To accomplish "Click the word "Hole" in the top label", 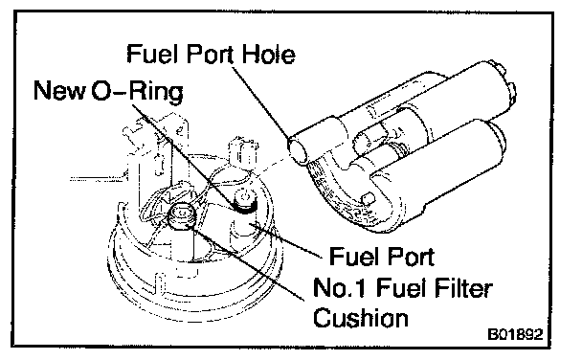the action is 269,55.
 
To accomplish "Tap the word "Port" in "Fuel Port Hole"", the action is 211,55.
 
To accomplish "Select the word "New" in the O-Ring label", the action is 59,91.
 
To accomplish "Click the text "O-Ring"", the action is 138,91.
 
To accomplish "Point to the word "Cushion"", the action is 361,318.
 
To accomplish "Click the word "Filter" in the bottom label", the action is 463,287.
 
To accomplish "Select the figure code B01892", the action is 515,334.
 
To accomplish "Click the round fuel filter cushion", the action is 181,216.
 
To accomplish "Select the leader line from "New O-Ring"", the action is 185,154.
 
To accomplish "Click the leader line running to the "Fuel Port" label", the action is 286,240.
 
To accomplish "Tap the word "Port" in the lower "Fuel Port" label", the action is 410,257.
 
